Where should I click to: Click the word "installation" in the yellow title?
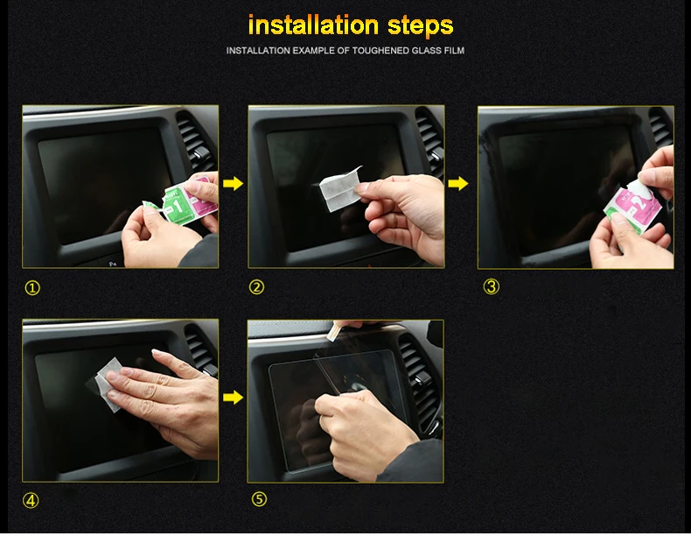(x=313, y=25)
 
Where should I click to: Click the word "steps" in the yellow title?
(x=421, y=26)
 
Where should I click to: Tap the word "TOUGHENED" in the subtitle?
(x=380, y=51)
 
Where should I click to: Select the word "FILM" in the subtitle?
(x=454, y=51)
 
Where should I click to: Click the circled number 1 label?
(x=32, y=288)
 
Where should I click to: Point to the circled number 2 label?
(x=256, y=287)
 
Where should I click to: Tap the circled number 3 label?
(x=492, y=286)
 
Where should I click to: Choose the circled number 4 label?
(x=31, y=501)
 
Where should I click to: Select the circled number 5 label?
(x=259, y=499)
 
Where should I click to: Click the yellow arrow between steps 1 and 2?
(x=234, y=183)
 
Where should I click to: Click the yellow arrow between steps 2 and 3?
(x=458, y=183)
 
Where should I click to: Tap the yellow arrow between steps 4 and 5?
(x=234, y=397)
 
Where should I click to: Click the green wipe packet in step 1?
(x=174, y=205)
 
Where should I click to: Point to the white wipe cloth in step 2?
(x=339, y=187)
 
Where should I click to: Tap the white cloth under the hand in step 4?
(x=108, y=384)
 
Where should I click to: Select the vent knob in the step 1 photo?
(x=200, y=154)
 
